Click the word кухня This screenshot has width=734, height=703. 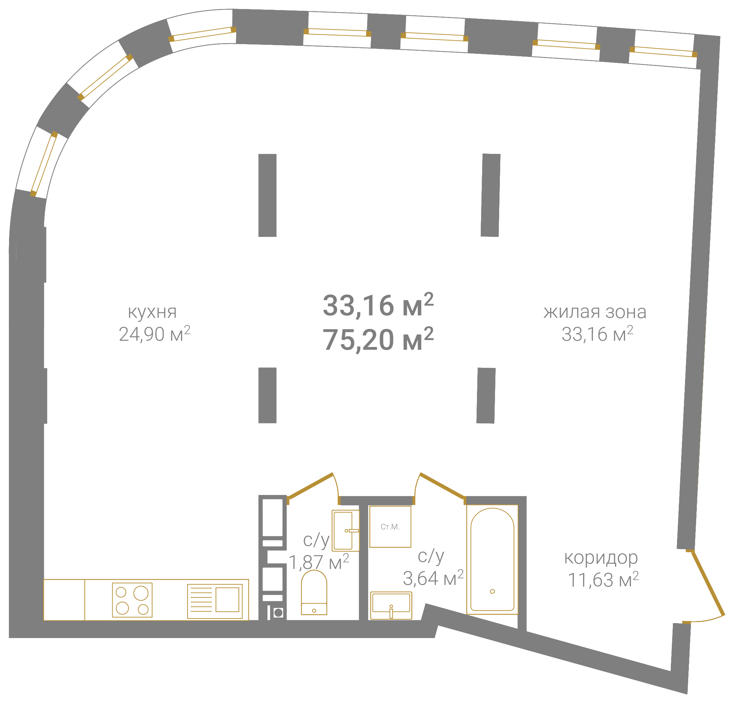152,312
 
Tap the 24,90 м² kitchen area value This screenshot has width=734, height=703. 155,333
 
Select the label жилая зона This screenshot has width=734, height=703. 595,312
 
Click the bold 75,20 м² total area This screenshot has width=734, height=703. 378,339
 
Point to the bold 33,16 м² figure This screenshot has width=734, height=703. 378,305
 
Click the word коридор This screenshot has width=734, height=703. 601,558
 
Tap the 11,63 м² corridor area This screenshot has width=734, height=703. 603,579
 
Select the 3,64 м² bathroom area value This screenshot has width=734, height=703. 433,578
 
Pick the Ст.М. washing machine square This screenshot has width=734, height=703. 390,527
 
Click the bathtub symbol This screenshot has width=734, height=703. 492,559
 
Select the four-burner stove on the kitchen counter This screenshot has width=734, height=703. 132,600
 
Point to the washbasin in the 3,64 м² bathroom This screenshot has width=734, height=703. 391,605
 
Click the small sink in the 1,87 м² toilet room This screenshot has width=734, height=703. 346,530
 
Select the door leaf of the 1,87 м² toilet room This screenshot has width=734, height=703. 311,486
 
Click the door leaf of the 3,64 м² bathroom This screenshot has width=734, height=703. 443,486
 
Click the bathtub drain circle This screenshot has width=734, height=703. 493,592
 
